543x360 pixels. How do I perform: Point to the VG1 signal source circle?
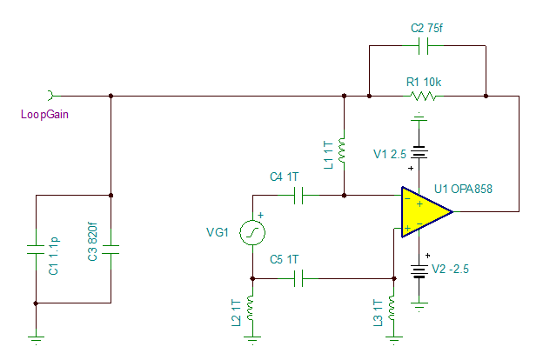pos(252,232)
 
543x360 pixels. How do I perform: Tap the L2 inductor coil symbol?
pos(252,308)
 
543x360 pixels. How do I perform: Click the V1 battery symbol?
pos(419,154)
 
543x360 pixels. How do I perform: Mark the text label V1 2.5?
pos(390,154)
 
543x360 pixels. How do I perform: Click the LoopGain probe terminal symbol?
pos(51,95)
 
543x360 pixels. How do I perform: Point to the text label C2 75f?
pos(427,27)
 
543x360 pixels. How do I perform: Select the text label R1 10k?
pos(424,81)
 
